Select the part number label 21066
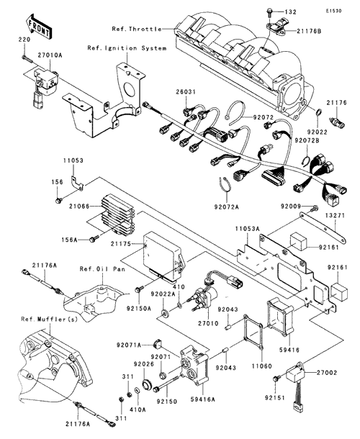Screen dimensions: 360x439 (x=79, y=207)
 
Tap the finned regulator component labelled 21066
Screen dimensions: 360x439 (x=117, y=215)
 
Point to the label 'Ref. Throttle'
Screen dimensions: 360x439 (x=137, y=29)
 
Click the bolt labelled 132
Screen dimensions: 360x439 (x=269, y=12)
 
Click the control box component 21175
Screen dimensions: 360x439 (x=164, y=258)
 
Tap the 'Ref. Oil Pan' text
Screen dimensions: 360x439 (x=102, y=269)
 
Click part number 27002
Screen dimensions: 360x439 (x=327, y=373)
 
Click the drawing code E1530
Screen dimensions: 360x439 (x=333, y=11)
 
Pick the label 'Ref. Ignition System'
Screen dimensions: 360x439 (x=127, y=48)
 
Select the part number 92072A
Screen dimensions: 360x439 (x=227, y=207)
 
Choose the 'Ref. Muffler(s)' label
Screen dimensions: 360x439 (x=49, y=319)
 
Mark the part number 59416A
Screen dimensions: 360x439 (x=204, y=399)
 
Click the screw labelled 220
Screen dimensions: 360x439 (x=27, y=59)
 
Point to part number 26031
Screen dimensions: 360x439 (x=186, y=92)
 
